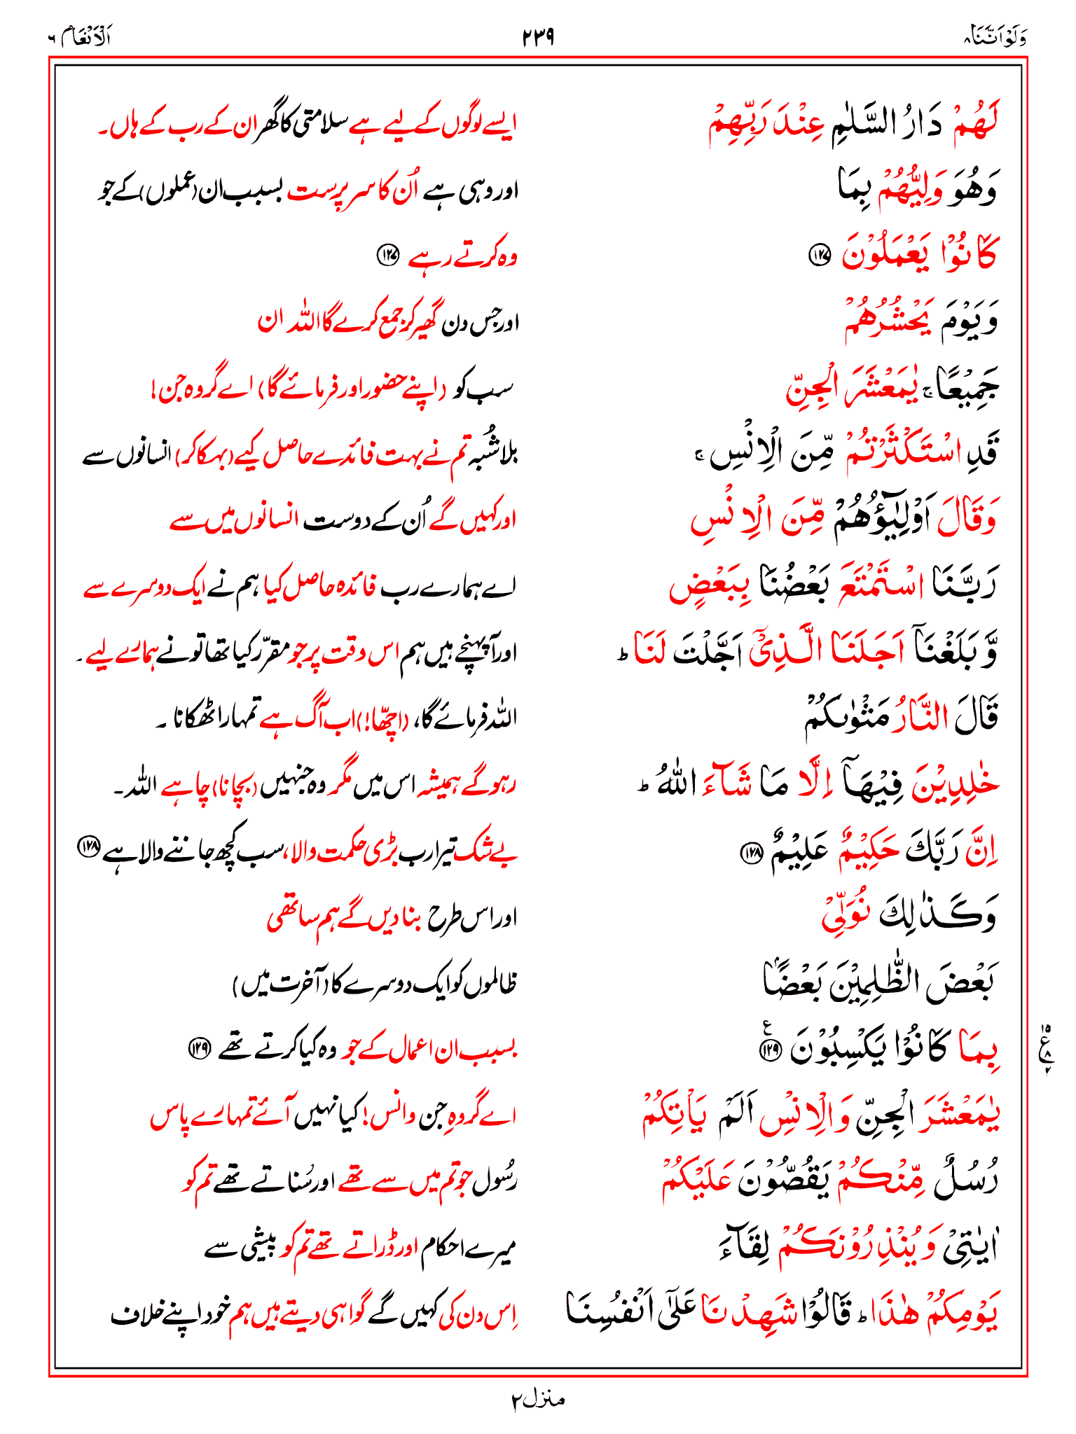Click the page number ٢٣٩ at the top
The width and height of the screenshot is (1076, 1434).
point(538,37)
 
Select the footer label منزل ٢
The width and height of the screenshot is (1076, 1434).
point(537,1400)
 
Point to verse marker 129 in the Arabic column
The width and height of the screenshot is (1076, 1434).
point(772,1048)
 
